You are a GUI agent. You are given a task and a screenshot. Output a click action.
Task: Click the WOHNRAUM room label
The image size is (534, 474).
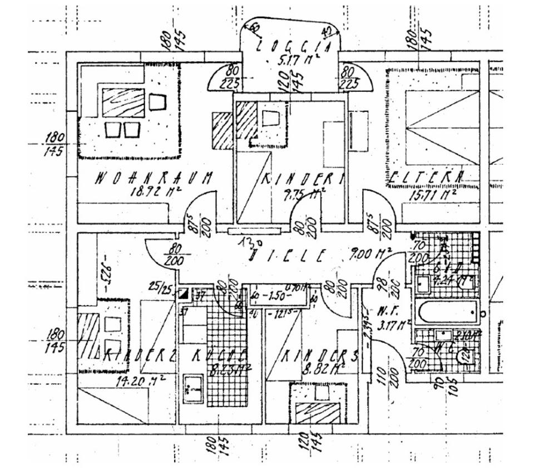(154, 178)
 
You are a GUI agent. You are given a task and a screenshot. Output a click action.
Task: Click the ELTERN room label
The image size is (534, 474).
(426, 178)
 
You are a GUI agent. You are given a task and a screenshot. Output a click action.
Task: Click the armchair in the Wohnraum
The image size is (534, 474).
(157, 101)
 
